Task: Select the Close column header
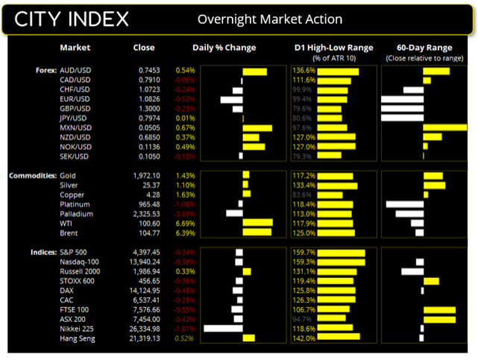click(144, 48)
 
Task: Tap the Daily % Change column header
click(224, 48)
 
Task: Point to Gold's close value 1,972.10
click(141, 175)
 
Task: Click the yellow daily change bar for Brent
click(257, 233)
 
